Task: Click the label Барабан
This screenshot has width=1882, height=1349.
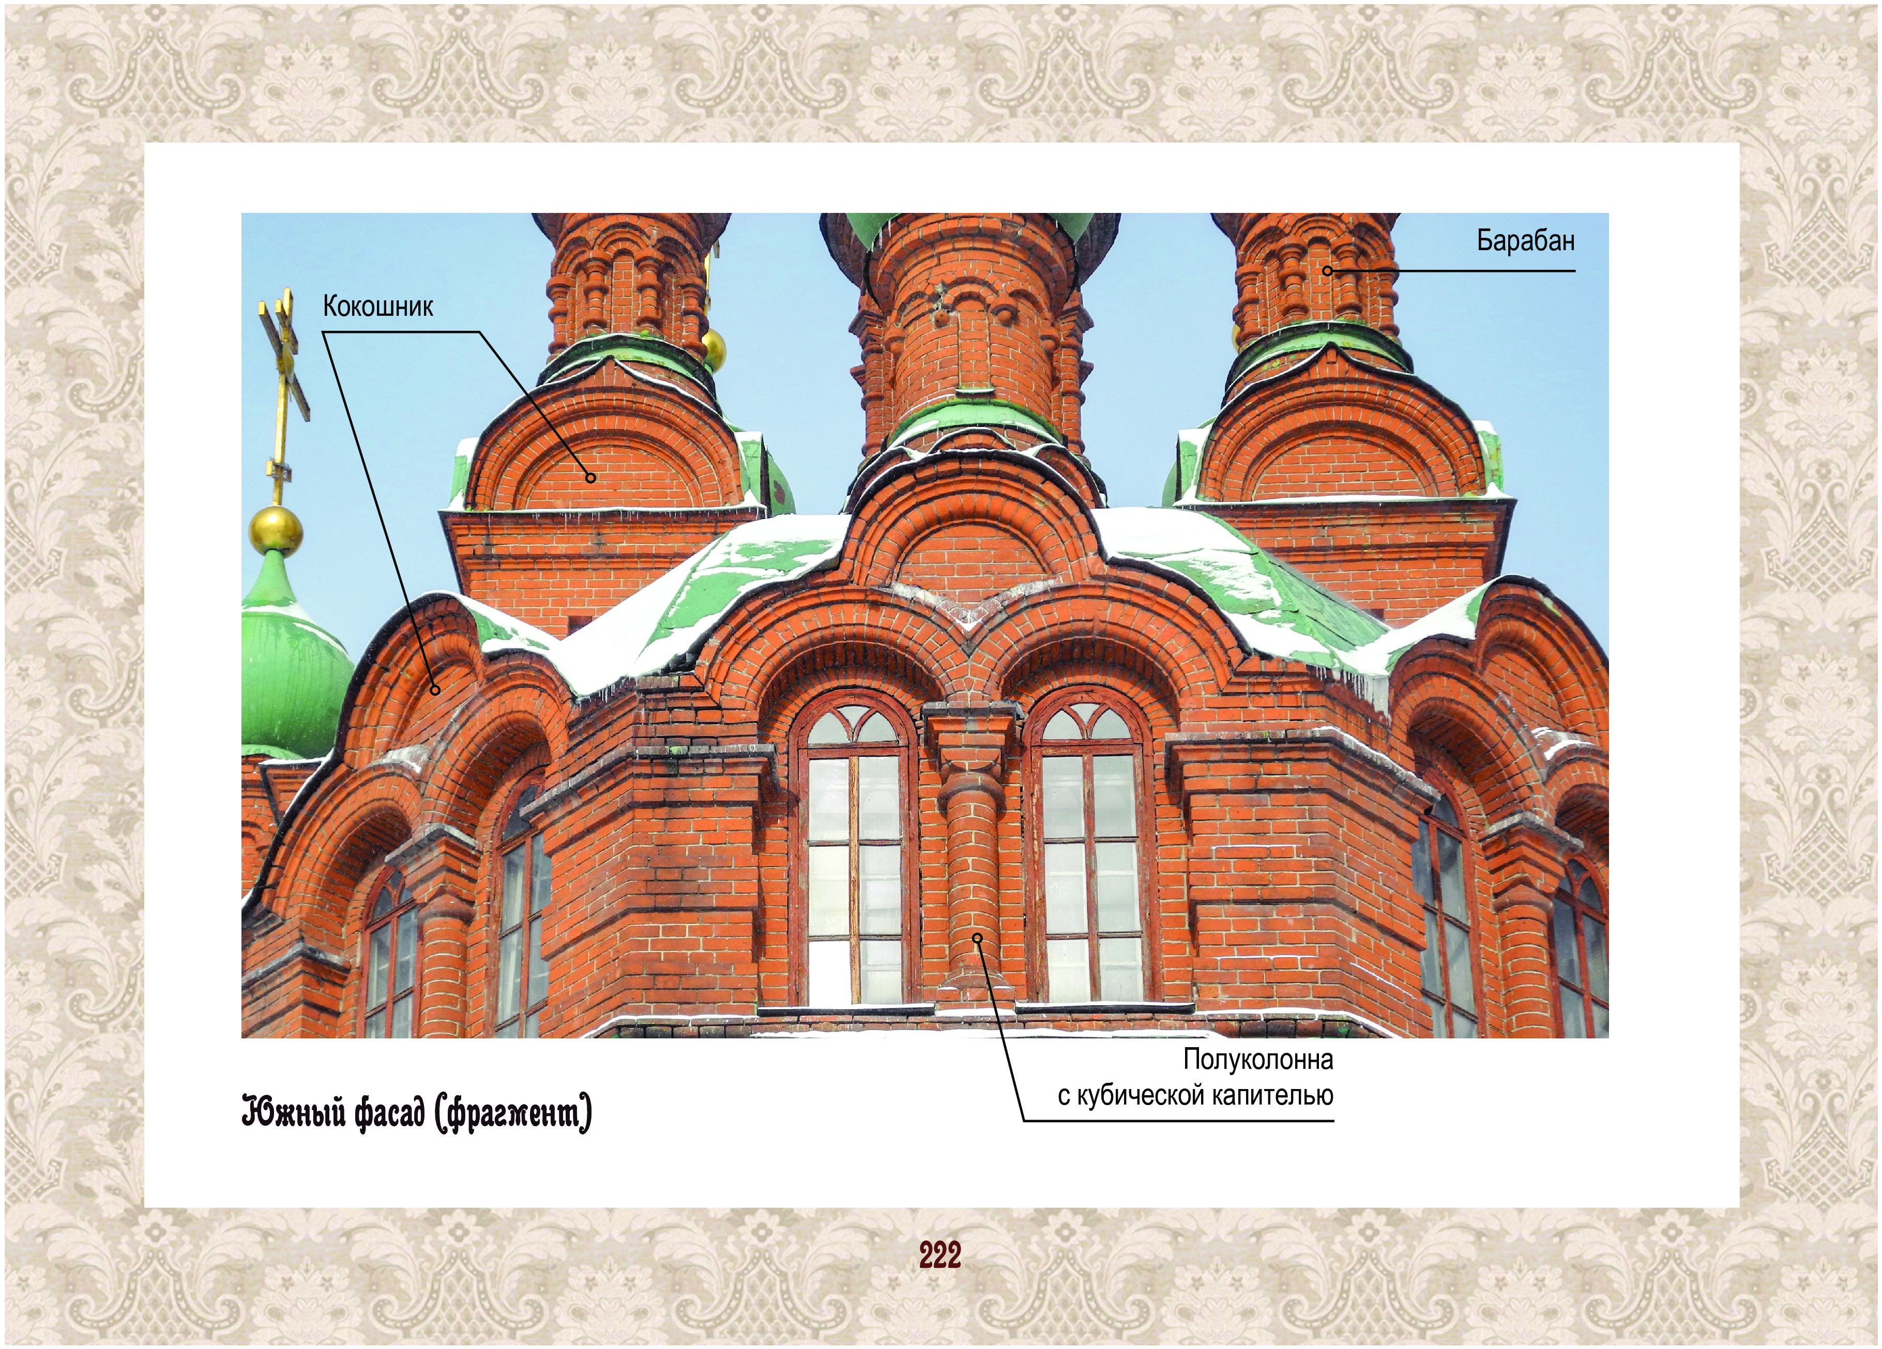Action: (x=1525, y=241)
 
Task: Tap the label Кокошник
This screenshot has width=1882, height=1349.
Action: (x=377, y=307)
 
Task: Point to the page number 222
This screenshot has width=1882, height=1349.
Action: (x=940, y=1255)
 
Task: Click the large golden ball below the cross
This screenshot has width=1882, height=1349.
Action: (x=276, y=529)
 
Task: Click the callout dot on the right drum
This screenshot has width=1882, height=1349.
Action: (x=1327, y=270)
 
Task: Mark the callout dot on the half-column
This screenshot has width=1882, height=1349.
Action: (x=978, y=938)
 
